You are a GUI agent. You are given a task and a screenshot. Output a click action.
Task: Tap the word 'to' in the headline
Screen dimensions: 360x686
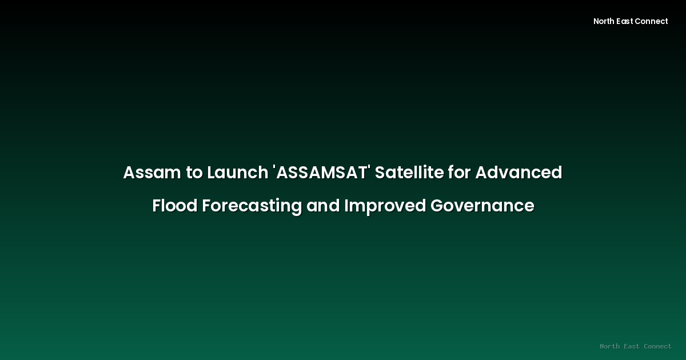[193, 173]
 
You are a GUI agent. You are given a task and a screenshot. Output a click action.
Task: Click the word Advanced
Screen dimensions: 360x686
[519, 173]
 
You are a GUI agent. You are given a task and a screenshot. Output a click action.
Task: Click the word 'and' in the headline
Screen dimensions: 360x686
[322, 206]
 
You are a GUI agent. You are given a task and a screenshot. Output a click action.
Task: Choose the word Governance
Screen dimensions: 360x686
[482, 206]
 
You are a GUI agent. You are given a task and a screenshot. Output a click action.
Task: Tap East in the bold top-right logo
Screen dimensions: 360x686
[627, 21]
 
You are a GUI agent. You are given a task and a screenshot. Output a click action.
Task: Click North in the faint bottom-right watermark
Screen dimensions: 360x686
[611, 346]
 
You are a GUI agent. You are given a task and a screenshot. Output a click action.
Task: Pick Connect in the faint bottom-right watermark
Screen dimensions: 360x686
[658, 346]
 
